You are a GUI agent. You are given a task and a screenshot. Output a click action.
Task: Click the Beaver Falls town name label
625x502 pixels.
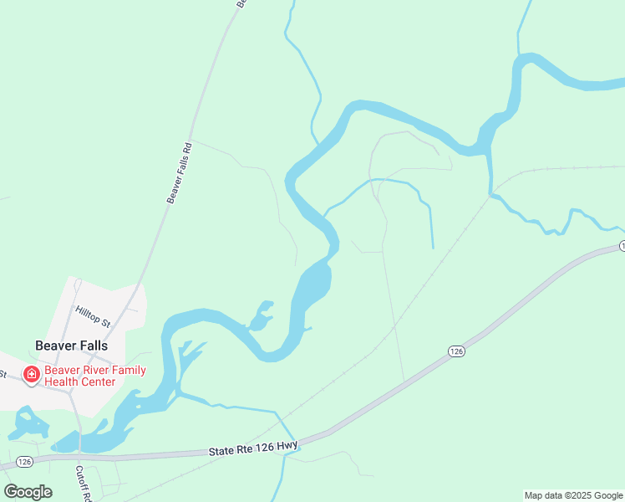point(71,345)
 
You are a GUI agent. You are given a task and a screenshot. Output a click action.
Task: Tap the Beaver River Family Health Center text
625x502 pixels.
point(95,376)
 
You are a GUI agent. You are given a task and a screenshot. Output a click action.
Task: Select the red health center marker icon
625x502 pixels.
point(32,374)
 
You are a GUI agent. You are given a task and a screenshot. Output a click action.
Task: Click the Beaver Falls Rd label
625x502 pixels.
point(180,172)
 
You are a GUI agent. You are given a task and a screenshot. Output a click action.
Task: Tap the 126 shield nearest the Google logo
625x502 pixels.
point(24,461)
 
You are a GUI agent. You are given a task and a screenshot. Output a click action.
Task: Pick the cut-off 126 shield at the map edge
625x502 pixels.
point(622,246)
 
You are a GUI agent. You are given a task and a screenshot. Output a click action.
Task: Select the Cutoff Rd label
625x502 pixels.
point(83,483)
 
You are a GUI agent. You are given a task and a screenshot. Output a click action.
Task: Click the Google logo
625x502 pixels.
point(28,491)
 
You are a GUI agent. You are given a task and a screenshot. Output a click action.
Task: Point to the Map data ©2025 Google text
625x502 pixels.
point(574,495)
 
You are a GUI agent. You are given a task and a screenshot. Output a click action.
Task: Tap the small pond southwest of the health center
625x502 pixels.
point(29,423)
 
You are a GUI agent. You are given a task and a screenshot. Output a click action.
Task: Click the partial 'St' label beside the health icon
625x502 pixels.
point(4,373)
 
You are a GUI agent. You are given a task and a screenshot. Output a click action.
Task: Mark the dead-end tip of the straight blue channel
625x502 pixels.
point(433,248)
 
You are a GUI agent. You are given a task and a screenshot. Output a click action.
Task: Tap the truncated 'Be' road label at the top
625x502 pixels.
point(241,4)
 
